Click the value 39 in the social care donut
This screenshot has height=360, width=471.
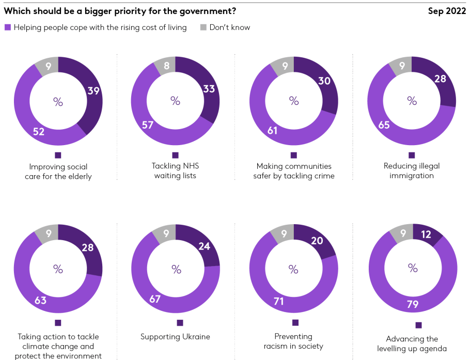click(93, 91)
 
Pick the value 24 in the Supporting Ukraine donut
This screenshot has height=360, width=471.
click(204, 246)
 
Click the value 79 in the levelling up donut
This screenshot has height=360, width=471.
click(412, 305)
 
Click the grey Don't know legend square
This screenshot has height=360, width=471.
click(203, 27)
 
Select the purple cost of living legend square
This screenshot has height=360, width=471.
click(8, 27)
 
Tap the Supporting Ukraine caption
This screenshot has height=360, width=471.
click(175, 337)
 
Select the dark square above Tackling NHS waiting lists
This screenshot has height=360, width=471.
click(176, 155)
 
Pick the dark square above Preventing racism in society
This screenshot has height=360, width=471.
click(295, 322)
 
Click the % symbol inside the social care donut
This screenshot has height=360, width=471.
click(58, 102)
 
